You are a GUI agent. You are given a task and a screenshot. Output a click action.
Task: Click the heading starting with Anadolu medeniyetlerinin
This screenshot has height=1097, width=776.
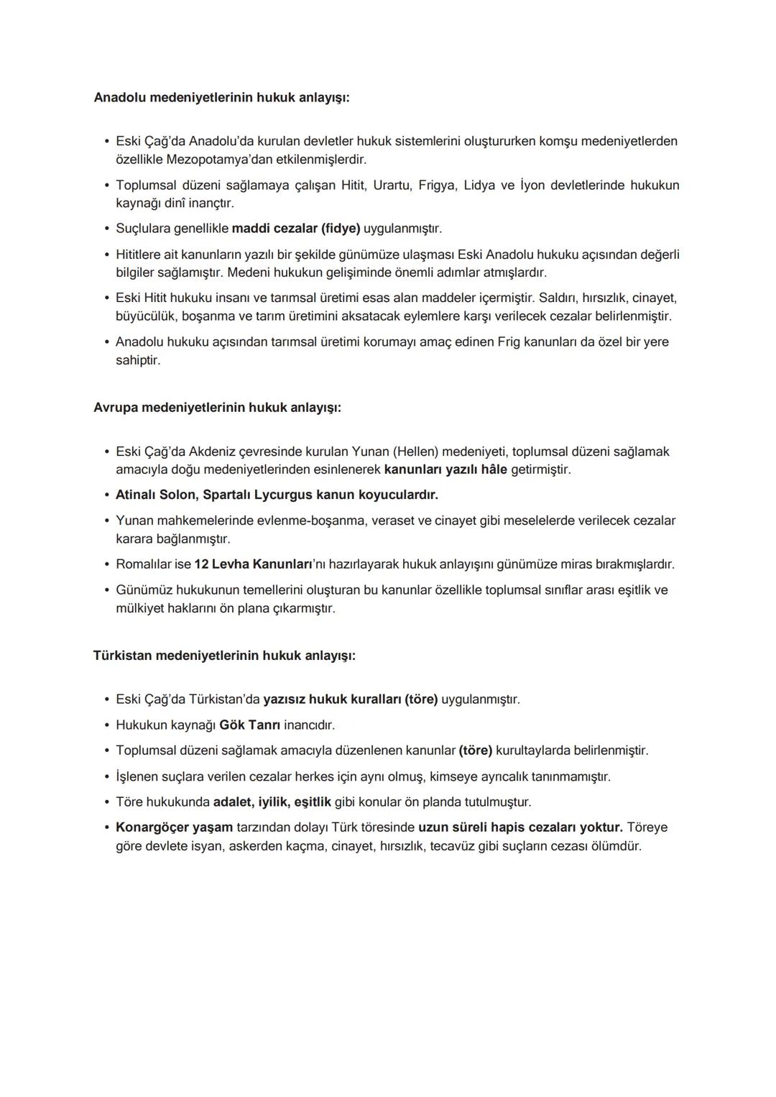pos(221,97)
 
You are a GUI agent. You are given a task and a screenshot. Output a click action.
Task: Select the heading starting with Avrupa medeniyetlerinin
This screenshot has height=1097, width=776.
pos(217,408)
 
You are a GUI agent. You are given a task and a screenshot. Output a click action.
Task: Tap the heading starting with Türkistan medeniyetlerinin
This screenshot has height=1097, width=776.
pos(224,656)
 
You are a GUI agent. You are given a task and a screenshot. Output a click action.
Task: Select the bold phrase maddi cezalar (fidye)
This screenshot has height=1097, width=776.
pos(296,229)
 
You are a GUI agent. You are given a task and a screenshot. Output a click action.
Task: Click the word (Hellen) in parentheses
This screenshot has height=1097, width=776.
pos(415,451)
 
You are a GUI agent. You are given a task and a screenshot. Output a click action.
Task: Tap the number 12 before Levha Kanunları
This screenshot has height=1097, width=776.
pos(200,564)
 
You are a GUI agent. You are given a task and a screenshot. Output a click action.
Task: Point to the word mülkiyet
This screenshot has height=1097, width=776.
pos(140,608)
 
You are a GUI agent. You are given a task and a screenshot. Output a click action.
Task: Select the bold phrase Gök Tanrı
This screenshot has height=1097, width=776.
pos(249,725)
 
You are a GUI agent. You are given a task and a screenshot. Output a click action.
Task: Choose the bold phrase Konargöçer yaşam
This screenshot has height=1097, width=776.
pos(174,827)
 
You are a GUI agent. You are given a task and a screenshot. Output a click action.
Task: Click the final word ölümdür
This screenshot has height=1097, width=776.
pos(616,846)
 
